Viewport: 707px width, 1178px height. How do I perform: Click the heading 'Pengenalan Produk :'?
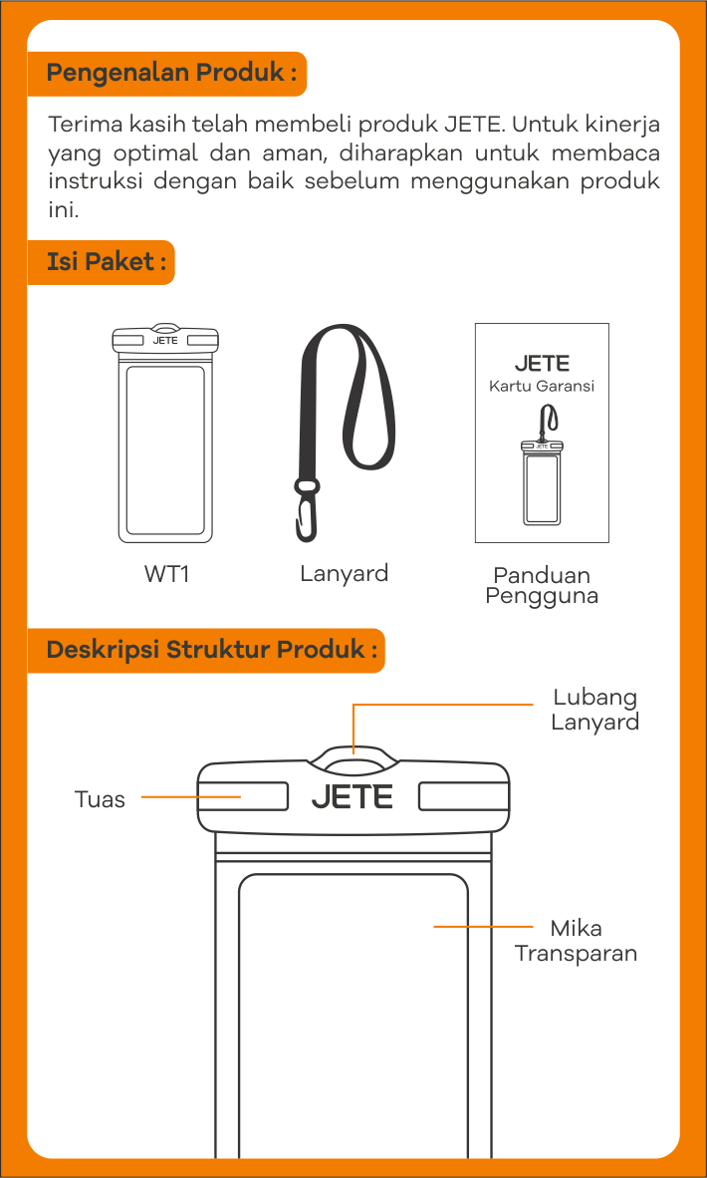170,73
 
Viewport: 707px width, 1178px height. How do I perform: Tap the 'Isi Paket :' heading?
101,262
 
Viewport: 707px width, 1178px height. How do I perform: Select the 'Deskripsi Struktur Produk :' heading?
211,650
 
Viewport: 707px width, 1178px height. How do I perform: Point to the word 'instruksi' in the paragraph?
96,181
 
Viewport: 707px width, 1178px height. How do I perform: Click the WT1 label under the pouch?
166,575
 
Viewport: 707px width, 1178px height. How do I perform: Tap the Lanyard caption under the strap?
344,574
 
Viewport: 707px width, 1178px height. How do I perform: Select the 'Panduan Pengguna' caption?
542,586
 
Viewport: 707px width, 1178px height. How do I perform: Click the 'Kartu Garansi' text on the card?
542,386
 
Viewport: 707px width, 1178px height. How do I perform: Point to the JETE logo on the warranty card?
542,363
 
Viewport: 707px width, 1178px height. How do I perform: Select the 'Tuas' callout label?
100,799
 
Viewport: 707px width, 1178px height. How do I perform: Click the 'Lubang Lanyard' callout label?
594,709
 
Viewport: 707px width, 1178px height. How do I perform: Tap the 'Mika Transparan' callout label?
576,941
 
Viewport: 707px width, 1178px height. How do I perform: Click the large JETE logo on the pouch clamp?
353,796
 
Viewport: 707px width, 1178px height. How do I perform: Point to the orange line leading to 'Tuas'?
190,797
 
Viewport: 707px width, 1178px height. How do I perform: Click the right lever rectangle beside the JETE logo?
461,795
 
